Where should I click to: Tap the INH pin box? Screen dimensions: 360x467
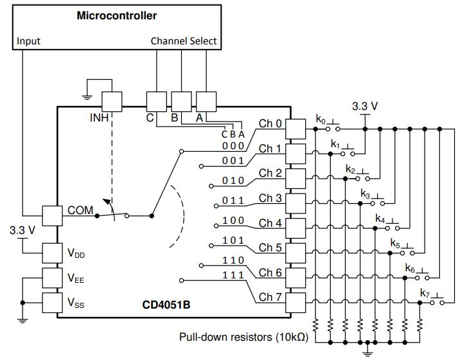(x=112, y=102)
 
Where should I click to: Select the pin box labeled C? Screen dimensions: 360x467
(x=156, y=102)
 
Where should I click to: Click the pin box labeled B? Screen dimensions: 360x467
(x=181, y=102)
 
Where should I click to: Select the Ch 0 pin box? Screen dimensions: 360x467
(x=295, y=128)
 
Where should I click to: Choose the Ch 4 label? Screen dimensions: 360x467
(x=270, y=223)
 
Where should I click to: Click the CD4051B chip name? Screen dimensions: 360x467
(x=166, y=303)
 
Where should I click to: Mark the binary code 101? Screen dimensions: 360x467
(x=233, y=240)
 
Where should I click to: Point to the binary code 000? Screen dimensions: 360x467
(x=233, y=146)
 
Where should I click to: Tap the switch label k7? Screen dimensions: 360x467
(x=425, y=294)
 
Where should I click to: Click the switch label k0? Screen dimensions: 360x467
(x=321, y=119)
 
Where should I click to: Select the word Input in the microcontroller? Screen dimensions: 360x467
(x=28, y=40)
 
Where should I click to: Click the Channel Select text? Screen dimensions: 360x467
(x=184, y=40)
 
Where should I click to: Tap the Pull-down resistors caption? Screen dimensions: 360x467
(x=243, y=336)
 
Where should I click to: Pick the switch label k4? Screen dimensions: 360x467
(x=380, y=219)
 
